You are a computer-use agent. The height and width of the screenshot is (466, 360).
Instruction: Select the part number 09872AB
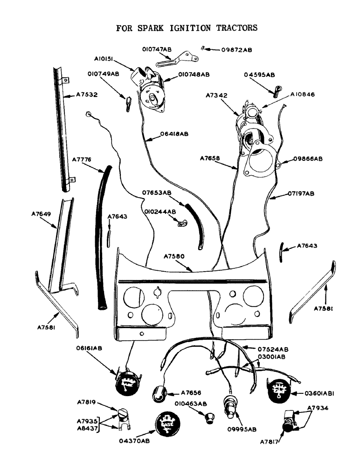click(236, 49)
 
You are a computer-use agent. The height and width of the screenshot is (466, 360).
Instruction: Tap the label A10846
click(302, 94)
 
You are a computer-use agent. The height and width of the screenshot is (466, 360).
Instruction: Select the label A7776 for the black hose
click(82, 160)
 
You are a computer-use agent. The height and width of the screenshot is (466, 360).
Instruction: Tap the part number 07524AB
click(273, 349)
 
